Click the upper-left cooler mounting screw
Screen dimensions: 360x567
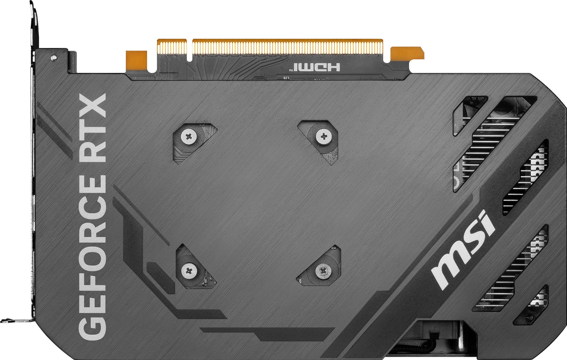(189, 136)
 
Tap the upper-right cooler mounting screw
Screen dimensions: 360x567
(324, 136)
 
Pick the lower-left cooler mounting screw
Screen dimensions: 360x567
(189, 270)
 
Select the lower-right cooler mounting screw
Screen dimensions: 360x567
(323, 269)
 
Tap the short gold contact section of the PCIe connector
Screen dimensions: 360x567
(172, 47)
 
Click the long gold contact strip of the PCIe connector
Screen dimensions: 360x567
(287, 47)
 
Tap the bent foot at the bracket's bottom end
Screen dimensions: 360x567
(14, 320)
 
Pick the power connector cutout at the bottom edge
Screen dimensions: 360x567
(437, 336)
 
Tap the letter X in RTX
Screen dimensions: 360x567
(92, 106)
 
